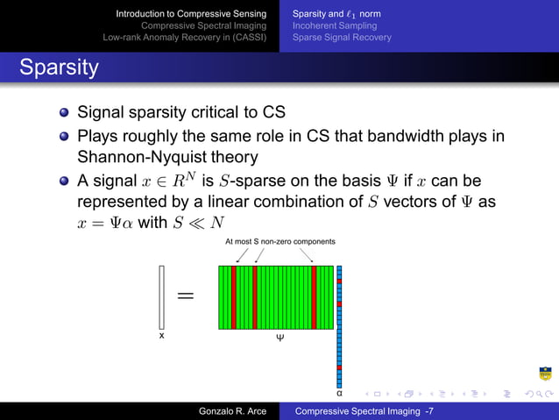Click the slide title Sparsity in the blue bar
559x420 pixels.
(x=59, y=68)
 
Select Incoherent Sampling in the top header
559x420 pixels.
(x=334, y=25)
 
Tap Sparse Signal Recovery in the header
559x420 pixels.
(x=342, y=38)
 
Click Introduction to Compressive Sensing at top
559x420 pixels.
(x=192, y=14)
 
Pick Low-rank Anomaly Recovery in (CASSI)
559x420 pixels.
(x=184, y=38)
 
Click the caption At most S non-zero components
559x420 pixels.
(x=279, y=241)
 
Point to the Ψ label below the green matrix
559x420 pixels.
(x=279, y=337)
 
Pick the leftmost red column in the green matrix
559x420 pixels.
(x=234, y=296)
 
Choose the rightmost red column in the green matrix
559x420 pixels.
(x=314, y=296)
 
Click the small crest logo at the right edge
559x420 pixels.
(x=545, y=374)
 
